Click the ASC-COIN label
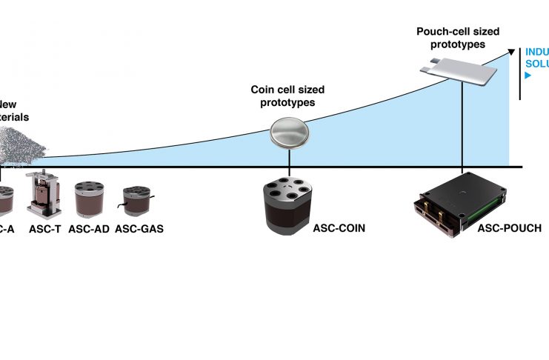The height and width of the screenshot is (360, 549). click(339, 229)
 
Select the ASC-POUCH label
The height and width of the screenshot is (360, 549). click(509, 229)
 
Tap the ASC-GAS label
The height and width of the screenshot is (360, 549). click(139, 229)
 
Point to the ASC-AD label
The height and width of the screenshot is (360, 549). click(89, 229)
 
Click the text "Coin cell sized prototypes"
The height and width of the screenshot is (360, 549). click(287, 96)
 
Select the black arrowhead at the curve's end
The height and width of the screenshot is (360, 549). click(511, 50)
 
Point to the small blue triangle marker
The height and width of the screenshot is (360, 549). click(528, 76)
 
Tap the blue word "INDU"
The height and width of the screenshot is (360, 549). click(536, 52)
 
